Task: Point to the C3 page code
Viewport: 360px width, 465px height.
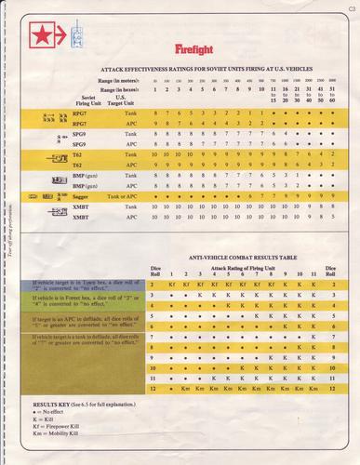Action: (350, 9)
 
